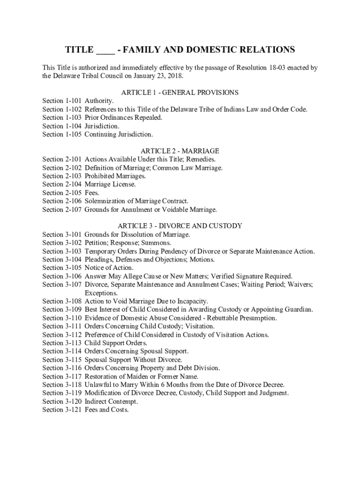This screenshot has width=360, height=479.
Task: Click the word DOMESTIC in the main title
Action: (x=205, y=50)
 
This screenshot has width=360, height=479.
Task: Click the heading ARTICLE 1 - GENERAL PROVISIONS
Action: (x=180, y=93)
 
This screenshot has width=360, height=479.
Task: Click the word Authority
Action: (x=99, y=101)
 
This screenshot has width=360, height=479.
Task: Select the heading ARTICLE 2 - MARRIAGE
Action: (x=180, y=151)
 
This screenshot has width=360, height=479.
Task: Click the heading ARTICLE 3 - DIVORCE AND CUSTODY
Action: (x=180, y=226)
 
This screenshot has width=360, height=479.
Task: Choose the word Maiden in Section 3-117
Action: (x=134, y=377)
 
